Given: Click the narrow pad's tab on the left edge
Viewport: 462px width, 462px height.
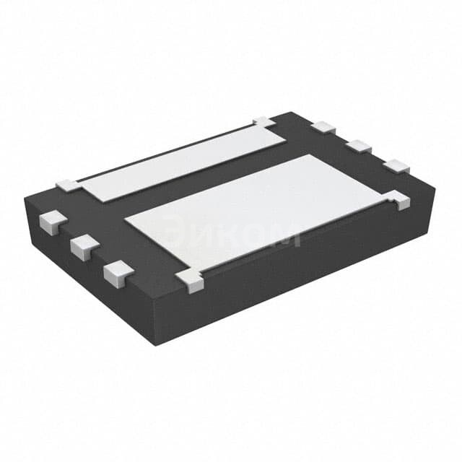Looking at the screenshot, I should tap(69, 185).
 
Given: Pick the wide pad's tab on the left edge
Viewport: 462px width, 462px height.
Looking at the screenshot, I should tap(189, 280).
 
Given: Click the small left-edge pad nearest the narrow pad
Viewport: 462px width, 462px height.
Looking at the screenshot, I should tap(52, 220).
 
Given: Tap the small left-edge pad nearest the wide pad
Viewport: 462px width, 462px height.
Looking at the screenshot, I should tap(118, 273).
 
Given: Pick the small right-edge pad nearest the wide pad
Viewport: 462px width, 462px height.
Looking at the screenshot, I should tap(396, 166).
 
